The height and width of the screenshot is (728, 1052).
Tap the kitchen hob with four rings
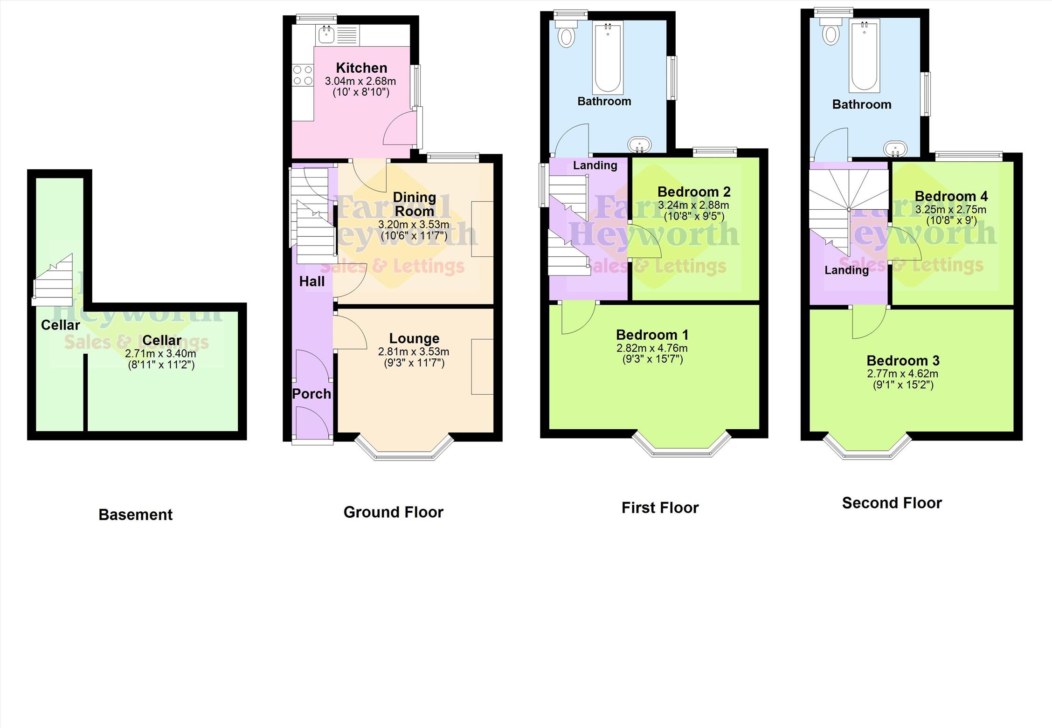tap(303, 76)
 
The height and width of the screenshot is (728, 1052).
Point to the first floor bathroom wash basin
tap(639, 144)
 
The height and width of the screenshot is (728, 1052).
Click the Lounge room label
tap(414, 338)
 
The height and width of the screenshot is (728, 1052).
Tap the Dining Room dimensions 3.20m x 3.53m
tap(414, 224)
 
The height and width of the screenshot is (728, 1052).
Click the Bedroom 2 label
tap(694, 192)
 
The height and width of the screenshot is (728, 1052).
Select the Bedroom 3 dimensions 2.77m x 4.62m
tap(903, 373)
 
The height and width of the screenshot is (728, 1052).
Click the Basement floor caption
tap(135, 515)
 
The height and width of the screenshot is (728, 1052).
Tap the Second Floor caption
tap(892, 503)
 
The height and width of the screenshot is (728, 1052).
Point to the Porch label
tap(311, 394)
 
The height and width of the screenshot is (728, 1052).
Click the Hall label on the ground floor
tap(312, 282)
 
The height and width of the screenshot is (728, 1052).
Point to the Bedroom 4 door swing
tap(905, 243)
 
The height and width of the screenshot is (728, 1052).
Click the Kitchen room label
tap(361, 68)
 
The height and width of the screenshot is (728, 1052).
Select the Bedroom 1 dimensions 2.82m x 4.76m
tap(652, 348)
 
